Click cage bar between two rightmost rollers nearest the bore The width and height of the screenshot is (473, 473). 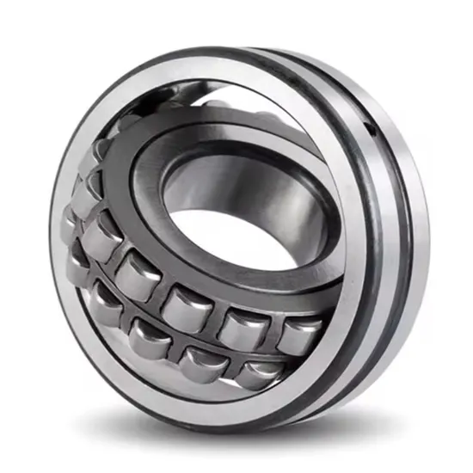269,330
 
